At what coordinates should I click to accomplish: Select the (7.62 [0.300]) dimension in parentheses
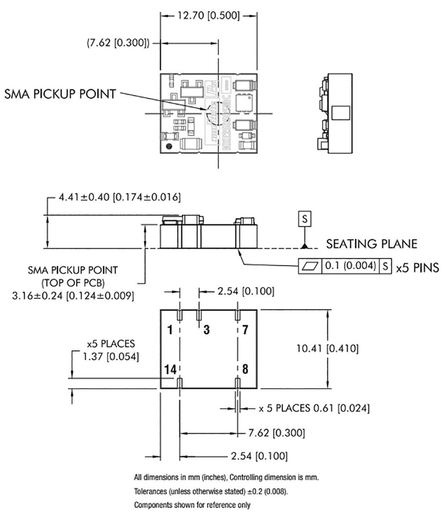118,44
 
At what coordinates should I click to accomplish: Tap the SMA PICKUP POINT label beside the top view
60,94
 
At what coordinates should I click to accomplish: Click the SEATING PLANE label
371,244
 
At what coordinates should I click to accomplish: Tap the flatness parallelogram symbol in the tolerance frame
310,266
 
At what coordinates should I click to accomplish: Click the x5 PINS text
417,266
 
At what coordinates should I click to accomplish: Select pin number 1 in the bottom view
170,330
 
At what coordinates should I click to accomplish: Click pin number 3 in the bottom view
206,330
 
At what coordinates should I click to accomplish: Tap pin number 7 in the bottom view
245,330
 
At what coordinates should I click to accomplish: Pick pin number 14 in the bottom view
169,369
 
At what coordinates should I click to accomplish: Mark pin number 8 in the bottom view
245,369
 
